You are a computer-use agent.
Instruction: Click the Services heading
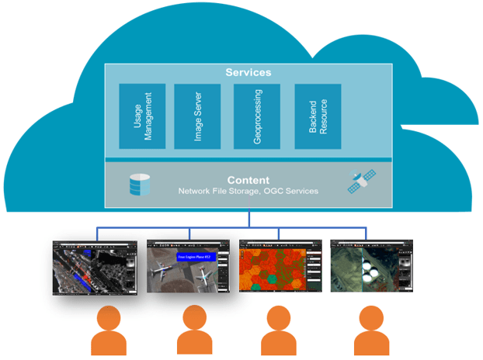(x=248, y=72)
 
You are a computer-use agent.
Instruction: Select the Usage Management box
(x=142, y=116)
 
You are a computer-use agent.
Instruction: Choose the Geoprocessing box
(x=257, y=116)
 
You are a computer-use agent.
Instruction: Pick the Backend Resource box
(x=318, y=116)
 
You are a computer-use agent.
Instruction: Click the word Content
(x=248, y=179)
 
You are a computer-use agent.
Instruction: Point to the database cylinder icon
(x=140, y=185)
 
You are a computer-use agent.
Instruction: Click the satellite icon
(x=360, y=182)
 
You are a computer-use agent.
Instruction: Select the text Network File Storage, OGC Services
(x=248, y=191)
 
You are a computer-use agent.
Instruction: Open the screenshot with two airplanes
(x=188, y=265)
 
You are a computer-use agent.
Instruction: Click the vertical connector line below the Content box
(x=248, y=218)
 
